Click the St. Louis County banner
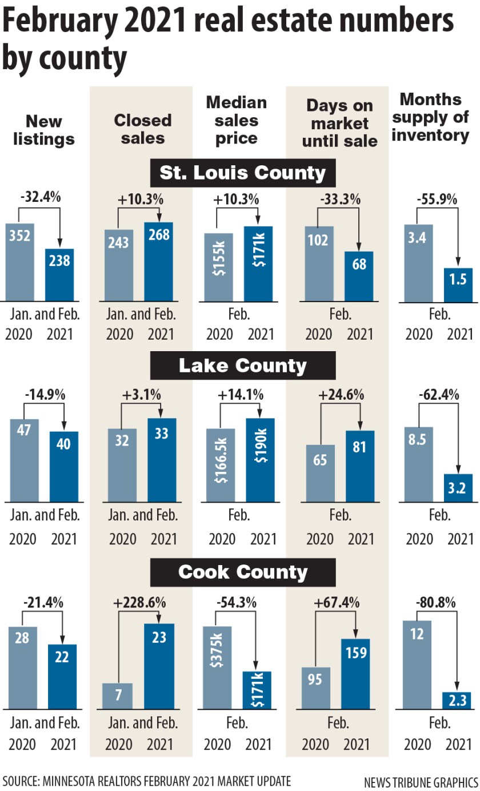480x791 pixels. (243, 172)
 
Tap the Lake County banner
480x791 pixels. (243, 365)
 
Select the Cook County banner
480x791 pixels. (243, 572)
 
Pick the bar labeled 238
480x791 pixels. (59, 275)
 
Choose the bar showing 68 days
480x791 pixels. (359, 276)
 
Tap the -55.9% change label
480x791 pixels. (437, 200)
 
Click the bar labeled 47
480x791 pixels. (25, 460)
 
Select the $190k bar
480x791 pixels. (261, 460)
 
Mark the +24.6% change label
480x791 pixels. (339, 395)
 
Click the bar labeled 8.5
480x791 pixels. (418, 464)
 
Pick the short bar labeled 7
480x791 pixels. (117, 695)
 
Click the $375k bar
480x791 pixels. (218, 667)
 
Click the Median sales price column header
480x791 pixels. (237, 120)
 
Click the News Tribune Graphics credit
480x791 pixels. (421, 781)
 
